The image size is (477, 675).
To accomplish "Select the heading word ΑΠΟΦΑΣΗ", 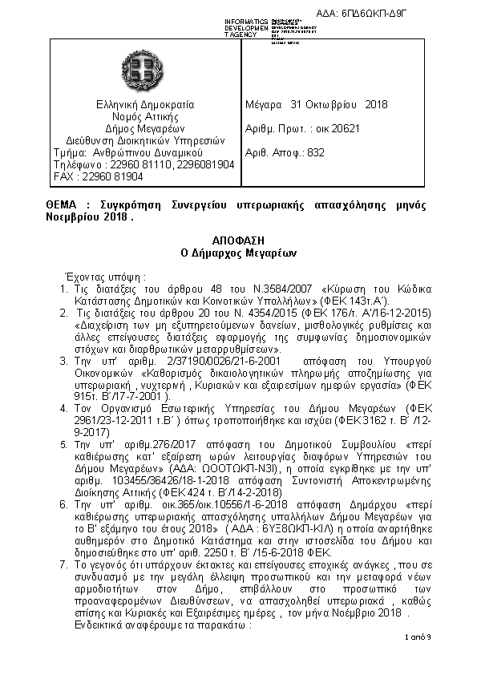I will [238, 240].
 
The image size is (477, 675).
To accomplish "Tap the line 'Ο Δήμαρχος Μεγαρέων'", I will [238, 253].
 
